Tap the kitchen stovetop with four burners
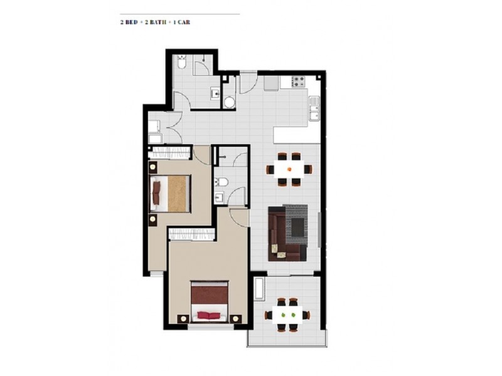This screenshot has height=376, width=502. (296, 81)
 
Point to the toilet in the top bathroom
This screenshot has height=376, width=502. (181, 63)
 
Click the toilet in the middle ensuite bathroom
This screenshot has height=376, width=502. (220, 182)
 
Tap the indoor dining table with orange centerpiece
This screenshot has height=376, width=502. (289, 169)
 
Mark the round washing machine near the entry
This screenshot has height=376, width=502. (229, 101)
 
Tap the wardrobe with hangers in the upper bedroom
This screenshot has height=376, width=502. (169, 152)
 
